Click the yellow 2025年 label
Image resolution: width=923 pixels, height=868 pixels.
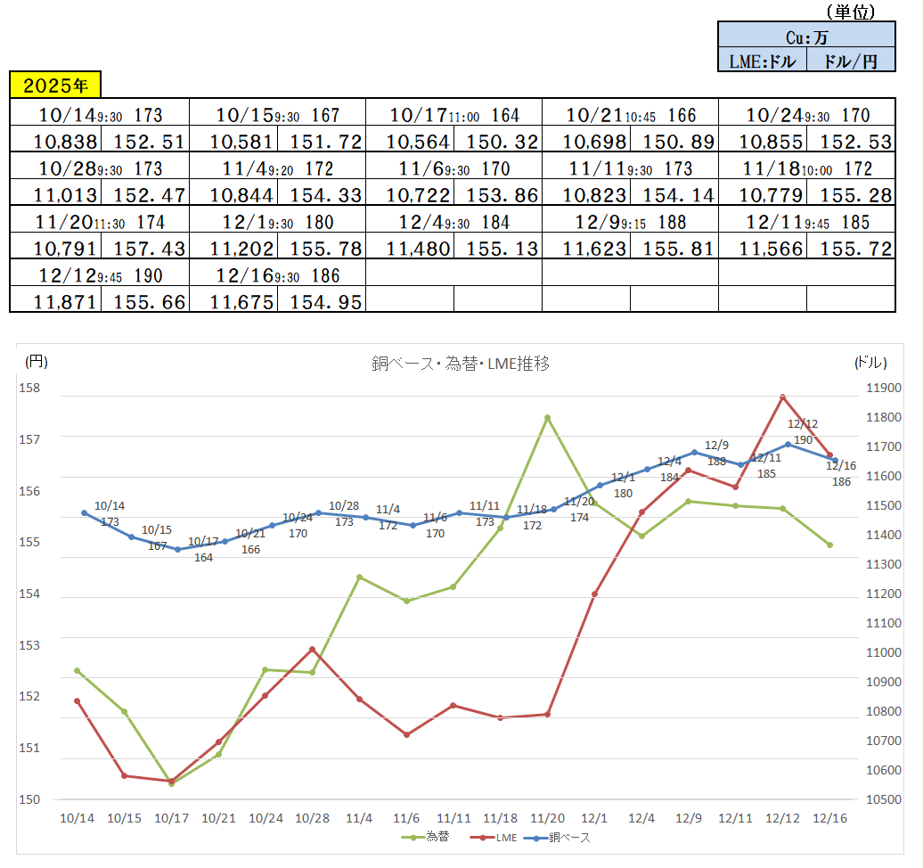pos(55,86)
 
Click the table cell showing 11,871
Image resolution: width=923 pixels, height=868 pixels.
pos(55,302)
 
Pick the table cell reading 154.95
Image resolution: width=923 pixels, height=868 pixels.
pos(322,302)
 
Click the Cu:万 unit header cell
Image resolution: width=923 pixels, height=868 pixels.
pos(806,37)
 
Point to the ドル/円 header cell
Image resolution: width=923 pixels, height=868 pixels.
pos(851,61)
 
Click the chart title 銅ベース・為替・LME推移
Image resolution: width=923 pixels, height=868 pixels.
pos(460,364)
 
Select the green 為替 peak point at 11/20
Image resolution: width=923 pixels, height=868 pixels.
pos(547,417)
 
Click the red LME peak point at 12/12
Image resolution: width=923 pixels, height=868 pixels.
pos(782,397)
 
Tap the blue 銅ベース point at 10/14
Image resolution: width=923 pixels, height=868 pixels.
pos(84,512)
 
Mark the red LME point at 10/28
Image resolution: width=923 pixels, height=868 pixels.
pos(312,649)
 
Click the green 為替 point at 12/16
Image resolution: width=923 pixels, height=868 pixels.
pos(829,545)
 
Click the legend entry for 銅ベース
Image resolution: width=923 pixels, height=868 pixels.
pos(561,838)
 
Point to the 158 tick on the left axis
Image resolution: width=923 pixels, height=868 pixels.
pos(32,389)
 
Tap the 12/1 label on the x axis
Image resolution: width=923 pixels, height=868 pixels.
pos(594,818)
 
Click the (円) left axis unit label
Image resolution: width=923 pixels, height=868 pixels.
pos(37,362)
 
